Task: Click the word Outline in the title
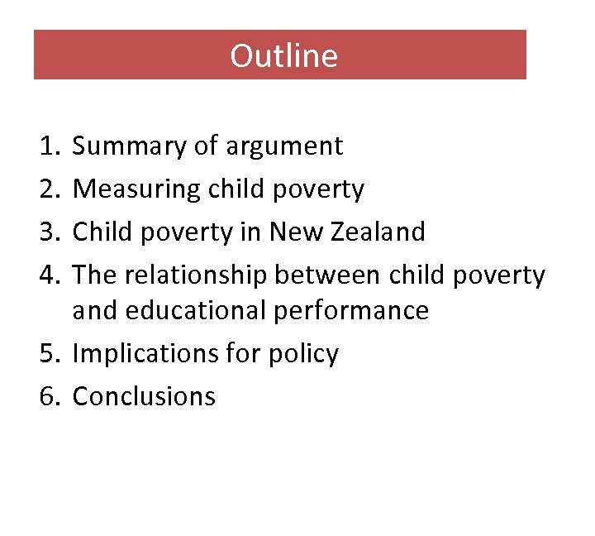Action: click(x=283, y=55)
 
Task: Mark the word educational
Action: click(x=207, y=311)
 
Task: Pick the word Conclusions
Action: click(x=144, y=397)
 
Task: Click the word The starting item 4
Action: click(x=92, y=275)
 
